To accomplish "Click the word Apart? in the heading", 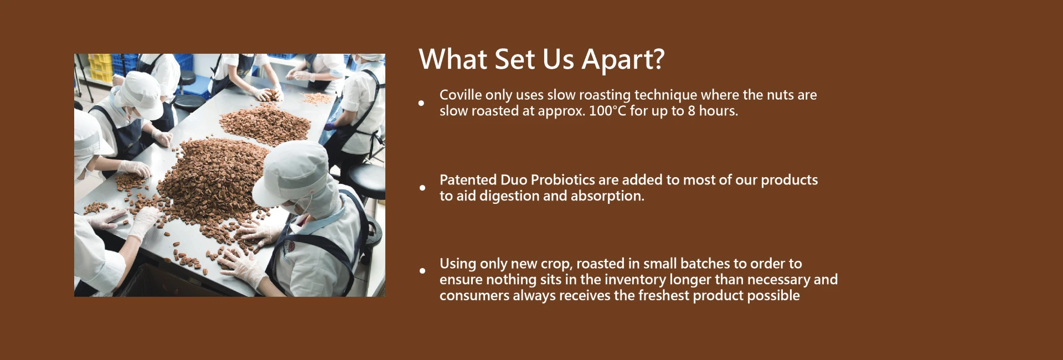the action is coord(623,60).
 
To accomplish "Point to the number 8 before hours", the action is coord(692,111).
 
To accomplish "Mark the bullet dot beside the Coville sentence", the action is coord(421,103).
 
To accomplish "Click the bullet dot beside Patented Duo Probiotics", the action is coord(422,188).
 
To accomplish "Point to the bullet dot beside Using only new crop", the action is coord(422,271).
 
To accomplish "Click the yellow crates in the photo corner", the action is coord(100,68).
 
